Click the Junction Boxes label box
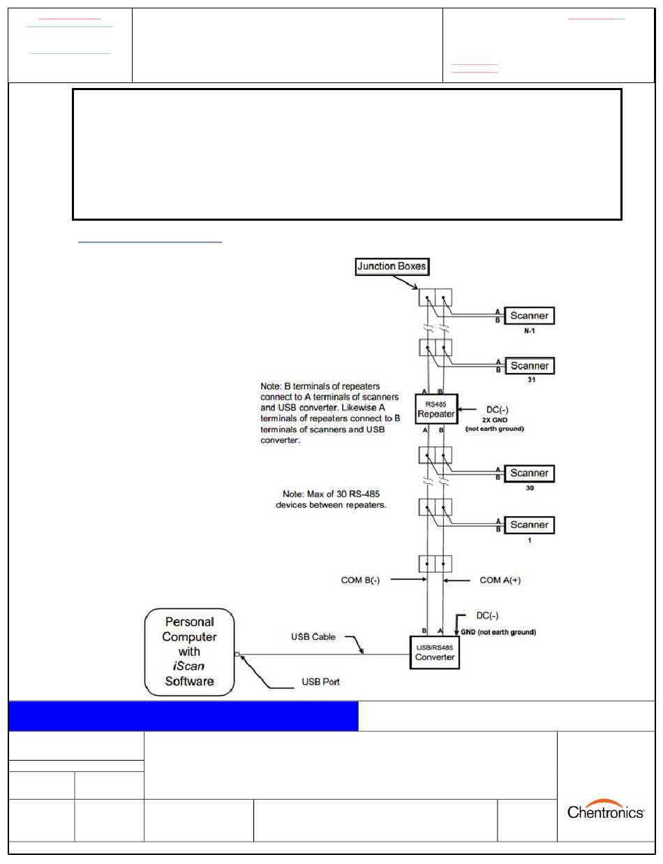coord(392,266)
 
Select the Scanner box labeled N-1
coord(529,316)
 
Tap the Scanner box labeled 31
coord(529,366)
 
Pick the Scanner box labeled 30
coord(529,474)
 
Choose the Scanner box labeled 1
coord(529,525)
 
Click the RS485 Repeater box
coord(436,409)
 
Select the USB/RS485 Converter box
coord(435,652)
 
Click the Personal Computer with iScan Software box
coord(190,652)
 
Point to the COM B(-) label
coord(360,580)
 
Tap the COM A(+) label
coord(500,580)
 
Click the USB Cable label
coord(313,636)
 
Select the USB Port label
coord(320,682)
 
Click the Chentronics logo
coord(605,810)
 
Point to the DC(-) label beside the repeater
coord(498,409)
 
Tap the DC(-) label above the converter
coord(487,615)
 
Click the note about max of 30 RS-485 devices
coord(331,499)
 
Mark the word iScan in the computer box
coord(188,666)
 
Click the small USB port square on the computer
coord(237,654)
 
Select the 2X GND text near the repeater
coord(495,420)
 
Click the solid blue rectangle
coord(183,716)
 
